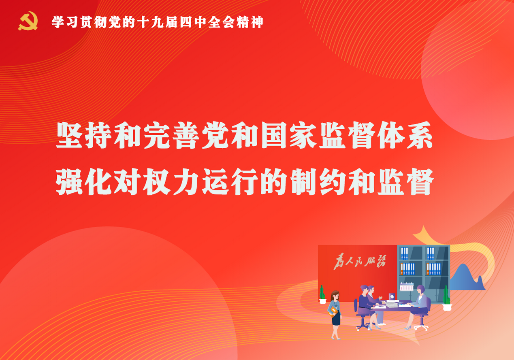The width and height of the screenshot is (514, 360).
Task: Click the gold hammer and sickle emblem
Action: pos(28,21)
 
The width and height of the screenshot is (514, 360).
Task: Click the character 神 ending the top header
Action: pos(257,22)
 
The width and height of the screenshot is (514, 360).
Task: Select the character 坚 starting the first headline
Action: pos(69,135)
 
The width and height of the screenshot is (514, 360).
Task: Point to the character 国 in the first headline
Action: pos(274,135)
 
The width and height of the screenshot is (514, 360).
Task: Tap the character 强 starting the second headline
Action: pos(69,182)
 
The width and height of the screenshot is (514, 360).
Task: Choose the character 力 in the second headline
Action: pos(186,182)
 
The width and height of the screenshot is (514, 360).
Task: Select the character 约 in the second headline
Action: pos(332,182)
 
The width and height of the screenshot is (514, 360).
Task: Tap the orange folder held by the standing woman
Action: pos(333,311)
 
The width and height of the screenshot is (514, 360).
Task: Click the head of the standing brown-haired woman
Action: pos(335,296)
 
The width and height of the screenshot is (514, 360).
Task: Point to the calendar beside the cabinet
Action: pos(406,287)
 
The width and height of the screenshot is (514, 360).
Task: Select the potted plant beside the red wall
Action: pos(322,294)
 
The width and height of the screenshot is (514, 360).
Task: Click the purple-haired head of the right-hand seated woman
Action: pos(421,289)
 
